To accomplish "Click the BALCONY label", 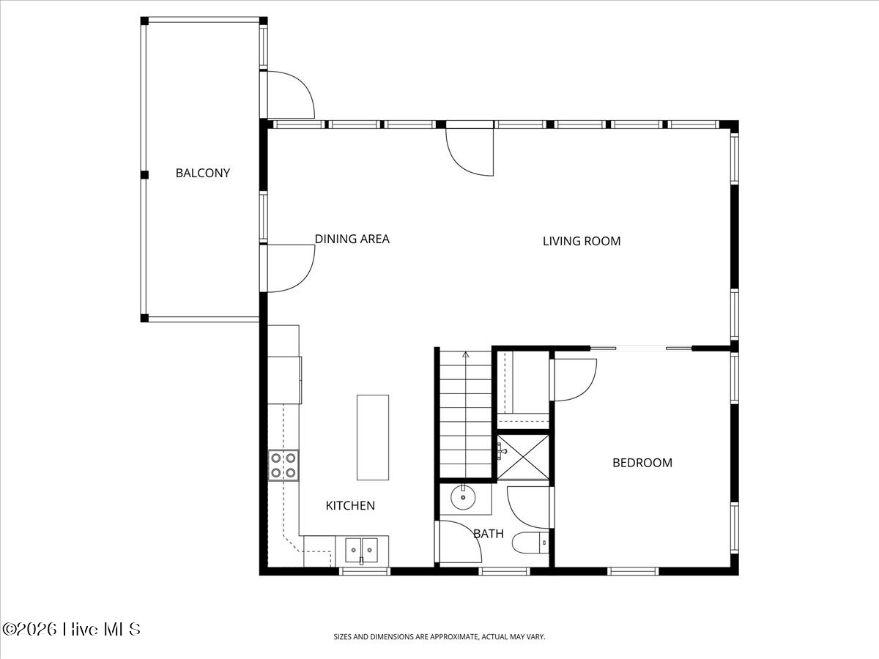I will click(202, 174).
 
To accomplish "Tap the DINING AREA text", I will click(352, 239).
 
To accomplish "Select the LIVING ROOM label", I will click(581, 241).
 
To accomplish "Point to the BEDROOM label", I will click(642, 463).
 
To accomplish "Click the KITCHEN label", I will click(350, 505).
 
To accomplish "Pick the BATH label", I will click(488, 534).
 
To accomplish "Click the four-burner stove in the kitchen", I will click(283, 465).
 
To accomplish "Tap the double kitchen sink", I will click(362, 547).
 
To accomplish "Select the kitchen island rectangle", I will click(372, 437).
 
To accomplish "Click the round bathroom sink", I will click(463, 498).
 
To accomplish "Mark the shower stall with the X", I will click(523, 458).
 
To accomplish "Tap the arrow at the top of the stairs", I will click(465, 356).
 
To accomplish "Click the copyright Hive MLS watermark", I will click(71, 629).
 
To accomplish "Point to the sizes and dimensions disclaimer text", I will click(439, 637).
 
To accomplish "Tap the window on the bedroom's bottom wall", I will click(633, 570).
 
